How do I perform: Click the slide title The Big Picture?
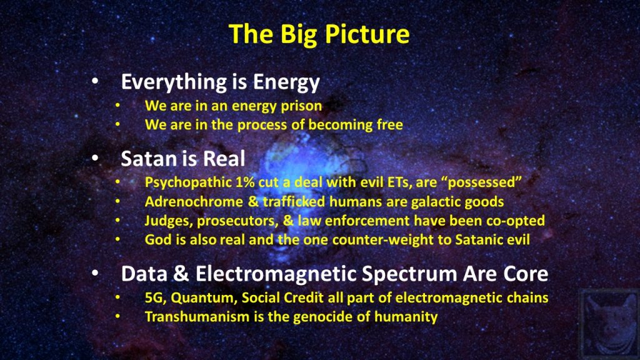point(319,34)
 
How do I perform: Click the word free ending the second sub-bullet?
point(390,124)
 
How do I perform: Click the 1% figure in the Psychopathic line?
point(245,182)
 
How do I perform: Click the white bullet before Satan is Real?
point(95,158)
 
